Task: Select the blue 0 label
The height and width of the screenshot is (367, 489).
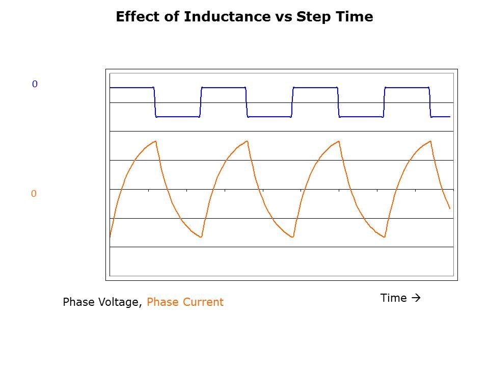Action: [35, 84]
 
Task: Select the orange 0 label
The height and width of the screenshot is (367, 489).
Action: [34, 194]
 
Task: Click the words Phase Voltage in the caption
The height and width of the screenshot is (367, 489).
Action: [100, 302]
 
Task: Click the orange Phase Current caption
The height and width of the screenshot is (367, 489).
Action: [185, 302]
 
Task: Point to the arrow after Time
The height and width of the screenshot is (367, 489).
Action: [416, 298]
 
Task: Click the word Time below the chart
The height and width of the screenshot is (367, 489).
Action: [393, 298]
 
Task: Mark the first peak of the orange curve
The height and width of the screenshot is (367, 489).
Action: [155, 141]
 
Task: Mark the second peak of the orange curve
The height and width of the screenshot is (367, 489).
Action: [247, 141]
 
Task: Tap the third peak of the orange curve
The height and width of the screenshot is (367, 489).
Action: [339, 141]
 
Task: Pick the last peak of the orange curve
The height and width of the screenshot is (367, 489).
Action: [430, 141]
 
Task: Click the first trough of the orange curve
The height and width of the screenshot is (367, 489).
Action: [201, 237]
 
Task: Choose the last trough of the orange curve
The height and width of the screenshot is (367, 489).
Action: [385, 237]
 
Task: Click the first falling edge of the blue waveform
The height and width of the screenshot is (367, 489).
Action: [155, 102]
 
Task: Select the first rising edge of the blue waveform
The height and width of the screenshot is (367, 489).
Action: [201, 102]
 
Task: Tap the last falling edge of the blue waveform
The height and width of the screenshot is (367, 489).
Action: [430, 102]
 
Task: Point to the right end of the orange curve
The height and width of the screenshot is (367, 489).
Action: [450, 208]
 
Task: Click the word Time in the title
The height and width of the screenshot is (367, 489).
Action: [352, 17]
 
